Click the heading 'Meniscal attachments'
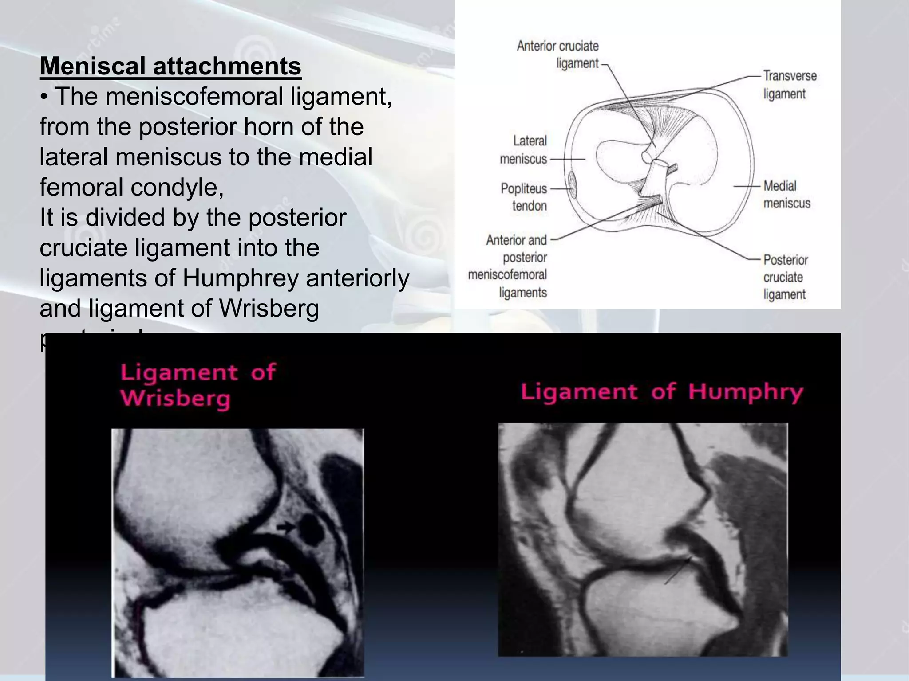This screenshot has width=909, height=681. click(170, 66)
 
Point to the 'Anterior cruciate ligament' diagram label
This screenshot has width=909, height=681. click(557, 54)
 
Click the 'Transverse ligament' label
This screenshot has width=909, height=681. click(789, 85)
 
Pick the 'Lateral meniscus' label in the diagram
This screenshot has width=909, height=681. click(524, 150)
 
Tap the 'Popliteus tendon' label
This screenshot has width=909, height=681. click(524, 197)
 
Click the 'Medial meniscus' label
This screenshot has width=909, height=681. click(786, 195)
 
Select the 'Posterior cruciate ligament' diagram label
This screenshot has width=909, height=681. click(785, 277)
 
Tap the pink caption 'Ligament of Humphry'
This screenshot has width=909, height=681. click(661, 392)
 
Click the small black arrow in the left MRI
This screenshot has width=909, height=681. click(286, 527)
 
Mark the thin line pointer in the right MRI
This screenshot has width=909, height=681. click(678, 572)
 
